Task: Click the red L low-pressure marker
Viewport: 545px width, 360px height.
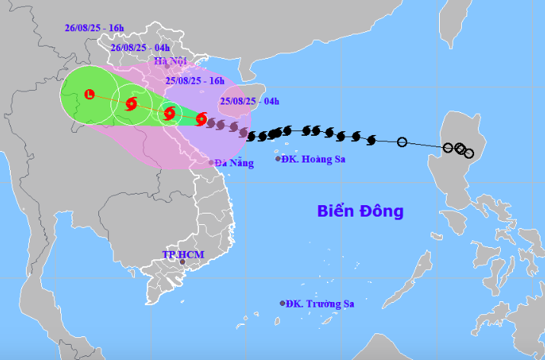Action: pos(89,95)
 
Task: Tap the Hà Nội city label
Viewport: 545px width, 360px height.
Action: pos(170,61)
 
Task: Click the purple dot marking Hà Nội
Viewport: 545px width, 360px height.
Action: pos(167,66)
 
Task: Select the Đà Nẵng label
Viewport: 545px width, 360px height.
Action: pos(234,162)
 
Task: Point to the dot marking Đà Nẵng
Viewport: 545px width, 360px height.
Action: pos(212,162)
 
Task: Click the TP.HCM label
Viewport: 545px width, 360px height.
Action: pos(181,253)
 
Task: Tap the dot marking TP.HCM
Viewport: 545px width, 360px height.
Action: pos(182,262)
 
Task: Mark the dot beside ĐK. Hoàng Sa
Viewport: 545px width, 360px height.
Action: pos(278,159)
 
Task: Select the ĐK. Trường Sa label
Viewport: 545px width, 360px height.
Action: pos(322,304)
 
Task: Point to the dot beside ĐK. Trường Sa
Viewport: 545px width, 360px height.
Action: pos(283,303)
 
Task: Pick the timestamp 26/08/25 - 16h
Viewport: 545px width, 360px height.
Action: pos(95,28)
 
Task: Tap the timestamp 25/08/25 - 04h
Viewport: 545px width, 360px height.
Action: pos(249,100)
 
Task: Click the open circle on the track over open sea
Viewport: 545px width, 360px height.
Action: pos(402,141)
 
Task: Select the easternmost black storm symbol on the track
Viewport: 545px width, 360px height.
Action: pos(372,140)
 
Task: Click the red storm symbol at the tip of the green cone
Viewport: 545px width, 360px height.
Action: pos(201,119)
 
